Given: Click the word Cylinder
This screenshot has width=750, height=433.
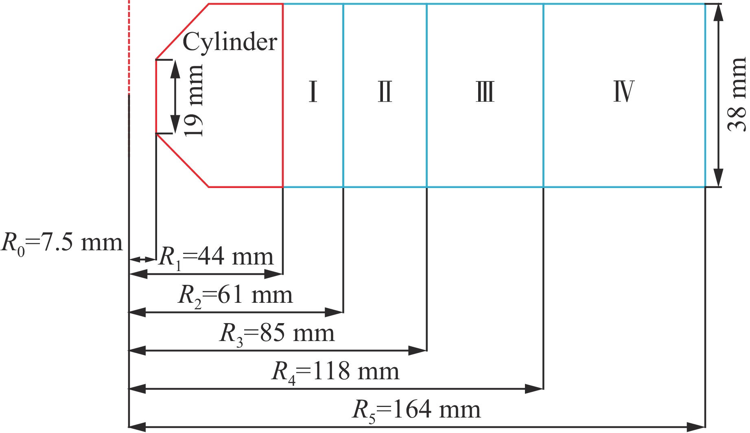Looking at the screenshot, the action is point(230,42).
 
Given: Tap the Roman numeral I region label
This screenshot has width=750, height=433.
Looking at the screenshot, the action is point(313,92).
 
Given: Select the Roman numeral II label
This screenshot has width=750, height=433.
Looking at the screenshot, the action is point(385,92).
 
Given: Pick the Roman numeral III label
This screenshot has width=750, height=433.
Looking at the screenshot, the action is point(485,92).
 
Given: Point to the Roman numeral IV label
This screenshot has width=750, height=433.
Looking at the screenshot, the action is point(624,92).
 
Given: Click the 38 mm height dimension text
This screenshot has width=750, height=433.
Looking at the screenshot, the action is point(737,94).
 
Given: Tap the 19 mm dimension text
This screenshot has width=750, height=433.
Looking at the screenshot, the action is point(193,100).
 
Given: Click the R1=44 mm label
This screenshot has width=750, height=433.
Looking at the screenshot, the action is point(216,257).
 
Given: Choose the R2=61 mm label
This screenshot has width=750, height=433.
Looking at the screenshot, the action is point(235,295).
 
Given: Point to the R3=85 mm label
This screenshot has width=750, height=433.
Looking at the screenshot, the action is point(277,334).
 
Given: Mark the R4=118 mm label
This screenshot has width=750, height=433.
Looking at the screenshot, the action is point(335,372).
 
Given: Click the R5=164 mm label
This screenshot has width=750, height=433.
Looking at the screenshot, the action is point(416,410).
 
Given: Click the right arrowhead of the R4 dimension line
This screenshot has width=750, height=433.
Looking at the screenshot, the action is point(534,389).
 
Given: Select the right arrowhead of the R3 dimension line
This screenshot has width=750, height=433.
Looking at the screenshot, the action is point(418,350).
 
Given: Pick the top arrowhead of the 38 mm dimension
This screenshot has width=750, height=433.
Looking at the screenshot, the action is point(719,13).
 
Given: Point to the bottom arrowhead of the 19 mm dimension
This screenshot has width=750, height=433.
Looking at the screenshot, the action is point(175,125).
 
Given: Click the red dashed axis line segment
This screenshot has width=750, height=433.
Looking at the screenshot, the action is point(129,47).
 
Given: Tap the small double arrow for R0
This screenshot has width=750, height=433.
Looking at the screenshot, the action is point(142,259).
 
